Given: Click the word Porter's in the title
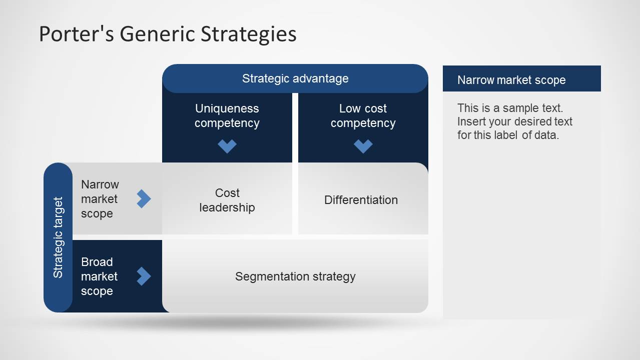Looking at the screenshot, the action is pos(77,34).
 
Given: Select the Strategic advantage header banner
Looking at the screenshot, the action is pos(295,78).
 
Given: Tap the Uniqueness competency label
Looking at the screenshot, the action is pos(227,115).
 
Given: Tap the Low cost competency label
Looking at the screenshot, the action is pos(363,115).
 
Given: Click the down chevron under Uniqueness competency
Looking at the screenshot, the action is pos(227,146).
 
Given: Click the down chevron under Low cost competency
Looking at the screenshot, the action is pos(363,146).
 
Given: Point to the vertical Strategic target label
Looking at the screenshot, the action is pos(58,237).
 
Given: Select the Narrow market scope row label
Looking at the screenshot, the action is pos(100,198).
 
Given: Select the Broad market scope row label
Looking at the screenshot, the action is pos(99,276).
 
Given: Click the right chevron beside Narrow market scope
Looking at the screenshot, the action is pos(144,198).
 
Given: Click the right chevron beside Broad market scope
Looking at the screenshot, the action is pos(144,276).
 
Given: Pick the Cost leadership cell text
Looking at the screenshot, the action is pos(227,200).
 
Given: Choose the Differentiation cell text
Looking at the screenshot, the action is pos(361,200).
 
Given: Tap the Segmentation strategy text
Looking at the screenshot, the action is pos(295,276).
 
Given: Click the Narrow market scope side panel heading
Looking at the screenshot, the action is pos(511,80).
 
